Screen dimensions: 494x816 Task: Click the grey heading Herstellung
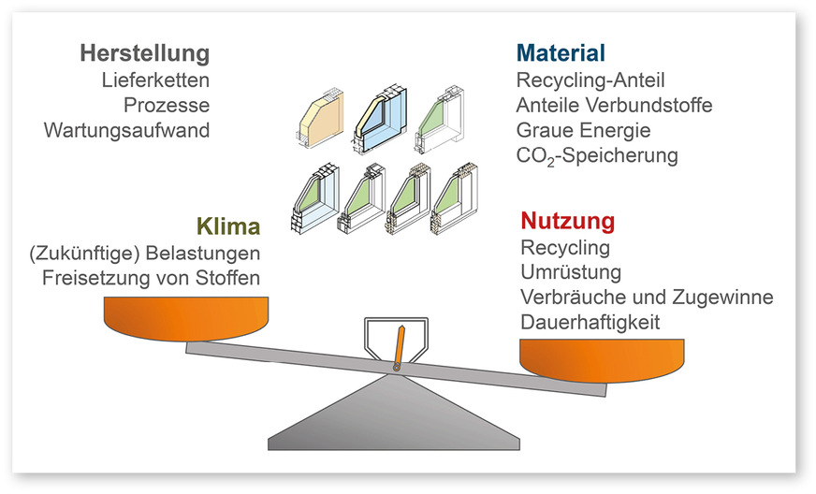[144, 52]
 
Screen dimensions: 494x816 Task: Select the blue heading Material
[561, 52]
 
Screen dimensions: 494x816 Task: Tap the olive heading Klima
[227, 226]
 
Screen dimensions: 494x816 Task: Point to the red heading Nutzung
[567, 222]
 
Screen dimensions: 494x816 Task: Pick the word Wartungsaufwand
[126, 130]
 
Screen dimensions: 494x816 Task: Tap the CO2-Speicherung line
[596, 155]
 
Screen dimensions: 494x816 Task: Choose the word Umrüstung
[570, 273]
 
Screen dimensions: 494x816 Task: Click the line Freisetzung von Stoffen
[151, 278]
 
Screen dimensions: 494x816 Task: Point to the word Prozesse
[168, 105]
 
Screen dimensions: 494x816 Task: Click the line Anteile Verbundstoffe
[614, 105]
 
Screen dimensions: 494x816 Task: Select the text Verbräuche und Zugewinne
[645, 298]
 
